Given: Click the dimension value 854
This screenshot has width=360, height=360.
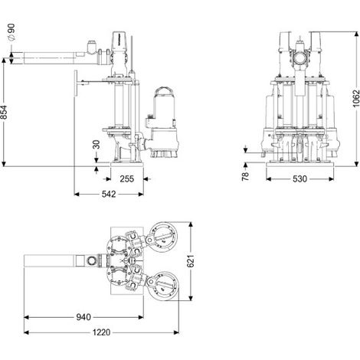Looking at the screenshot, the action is (x=4, y=112).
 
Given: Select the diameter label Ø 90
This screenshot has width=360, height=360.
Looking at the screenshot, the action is (x=11, y=32).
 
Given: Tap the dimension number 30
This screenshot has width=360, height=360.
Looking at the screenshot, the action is (x=97, y=145).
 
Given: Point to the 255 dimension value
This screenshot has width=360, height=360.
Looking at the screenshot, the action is (x=127, y=178).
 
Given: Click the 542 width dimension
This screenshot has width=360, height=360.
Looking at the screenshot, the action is (x=109, y=195).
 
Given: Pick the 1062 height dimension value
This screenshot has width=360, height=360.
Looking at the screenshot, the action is (x=356, y=98).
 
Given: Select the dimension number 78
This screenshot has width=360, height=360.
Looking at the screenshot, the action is (x=245, y=176).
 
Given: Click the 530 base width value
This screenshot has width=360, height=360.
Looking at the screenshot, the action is (x=299, y=179).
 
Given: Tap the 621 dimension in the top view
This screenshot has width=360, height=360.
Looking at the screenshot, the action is (x=191, y=261).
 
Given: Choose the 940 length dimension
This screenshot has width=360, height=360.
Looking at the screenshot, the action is (x=83, y=317).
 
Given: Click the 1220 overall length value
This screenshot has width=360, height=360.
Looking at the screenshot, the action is (x=101, y=332).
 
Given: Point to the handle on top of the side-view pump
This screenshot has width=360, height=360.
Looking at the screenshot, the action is (x=165, y=90).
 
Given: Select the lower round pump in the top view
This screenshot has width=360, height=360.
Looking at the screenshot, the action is (x=164, y=286).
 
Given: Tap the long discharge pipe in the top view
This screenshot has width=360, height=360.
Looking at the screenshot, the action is (x=49, y=261).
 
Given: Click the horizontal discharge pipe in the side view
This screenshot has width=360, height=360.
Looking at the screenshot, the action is (x=49, y=58).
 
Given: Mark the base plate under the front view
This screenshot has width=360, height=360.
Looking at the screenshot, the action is (x=300, y=164).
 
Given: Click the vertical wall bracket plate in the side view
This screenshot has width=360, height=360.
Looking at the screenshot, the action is (x=76, y=83).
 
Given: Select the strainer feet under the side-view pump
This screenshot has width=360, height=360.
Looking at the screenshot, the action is (x=164, y=153).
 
